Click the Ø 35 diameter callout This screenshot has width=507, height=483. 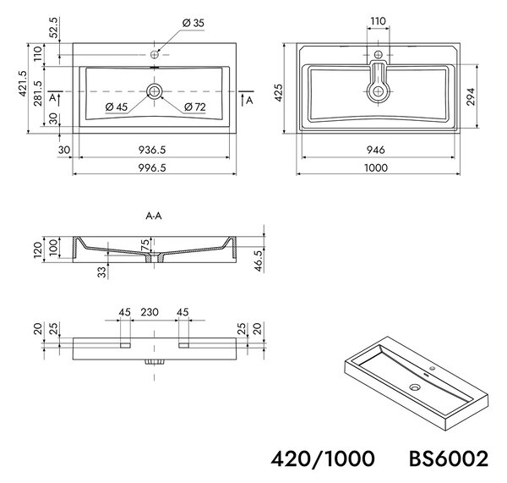click(x=193, y=23)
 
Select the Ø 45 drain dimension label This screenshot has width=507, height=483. click(x=117, y=107)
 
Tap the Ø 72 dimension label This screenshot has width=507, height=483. click(x=195, y=107)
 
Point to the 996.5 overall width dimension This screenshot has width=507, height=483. click(x=152, y=167)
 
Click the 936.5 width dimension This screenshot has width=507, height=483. click(x=152, y=150)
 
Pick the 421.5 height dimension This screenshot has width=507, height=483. click(x=23, y=83)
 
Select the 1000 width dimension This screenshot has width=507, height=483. click(x=376, y=167)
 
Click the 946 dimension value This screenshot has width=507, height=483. click(x=376, y=150)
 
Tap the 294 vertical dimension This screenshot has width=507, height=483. click(x=471, y=96)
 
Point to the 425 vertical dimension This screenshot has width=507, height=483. click(x=278, y=92)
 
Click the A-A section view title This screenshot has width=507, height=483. click(x=154, y=216)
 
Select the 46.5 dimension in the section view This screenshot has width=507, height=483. click(x=259, y=261)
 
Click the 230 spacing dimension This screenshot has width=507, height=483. click(x=150, y=312)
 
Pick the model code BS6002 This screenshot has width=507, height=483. click(x=449, y=458)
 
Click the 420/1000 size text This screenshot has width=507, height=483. click(x=323, y=458)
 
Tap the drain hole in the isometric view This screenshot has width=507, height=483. click(x=415, y=387)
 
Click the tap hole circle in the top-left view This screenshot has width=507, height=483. click(x=155, y=55)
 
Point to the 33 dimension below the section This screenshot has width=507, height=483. click(x=101, y=272)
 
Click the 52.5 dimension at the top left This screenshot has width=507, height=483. click(x=54, y=27)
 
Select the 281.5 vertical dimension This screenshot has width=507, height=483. click(x=38, y=93)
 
